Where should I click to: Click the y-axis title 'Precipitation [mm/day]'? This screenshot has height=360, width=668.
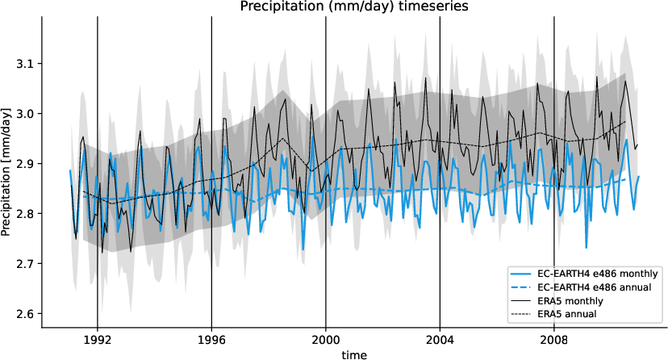pyautogui.click(x=7, y=173)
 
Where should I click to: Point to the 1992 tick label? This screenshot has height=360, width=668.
pyautogui.click(x=97, y=339)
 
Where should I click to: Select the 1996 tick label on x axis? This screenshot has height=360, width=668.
pyautogui.click(x=211, y=339)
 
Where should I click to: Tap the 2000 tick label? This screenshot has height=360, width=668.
pyautogui.click(x=326, y=339)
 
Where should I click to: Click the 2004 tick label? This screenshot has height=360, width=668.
pyautogui.click(x=440, y=339)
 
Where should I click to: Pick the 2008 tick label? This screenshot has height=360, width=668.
pyautogui.click(x=554, y=339)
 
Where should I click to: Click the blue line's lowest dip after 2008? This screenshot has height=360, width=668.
pyautogui.click(x=587, y=248)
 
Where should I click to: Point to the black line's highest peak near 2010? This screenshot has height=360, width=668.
pyautogui.click(x=625, y=80)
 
